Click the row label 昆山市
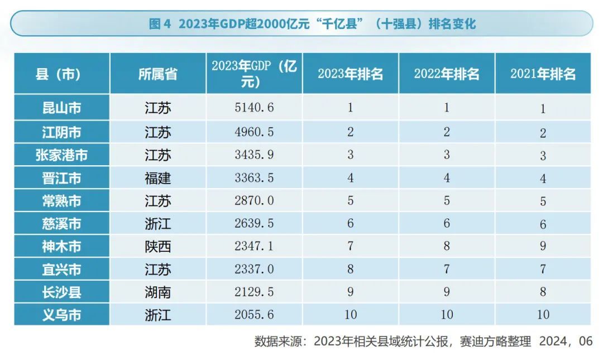pyautogui.click(x=61, y=108)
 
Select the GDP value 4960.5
pyautogui.click(x=254, y=132)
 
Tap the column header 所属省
pyautogui.click(x=158, y=74)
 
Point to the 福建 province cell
pyautogui.click(x=158, y=178)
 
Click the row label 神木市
pyautogui.click(x=61, y=246)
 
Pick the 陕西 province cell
pyautogui.click(x=158, y=246)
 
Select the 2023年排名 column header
pyautogui.click(x=350, y=74)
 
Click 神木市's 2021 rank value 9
pyautogui.click(x=543, y=246)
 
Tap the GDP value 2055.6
pyautogui.click(x=254, y=315)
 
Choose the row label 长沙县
pyautogui.click(x=61, y=292)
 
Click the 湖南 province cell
pyautogui.click(x=158, y=292)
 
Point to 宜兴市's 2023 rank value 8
pyautogui.click(x=350, y=269)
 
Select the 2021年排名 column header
pyautogui.click(x=543, y=74)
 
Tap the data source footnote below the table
pyautogui.click(x=423, y=341)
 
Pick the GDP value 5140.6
pyautogui.click(x=254, y=108)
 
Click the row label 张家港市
pyautogui.click(x=61, y=155)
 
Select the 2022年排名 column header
pyautogui.click(x=447, y=74)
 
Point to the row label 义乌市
pyautogui.click(x=61, y=315)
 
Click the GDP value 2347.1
pyautogui.click(x=254, y=246)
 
